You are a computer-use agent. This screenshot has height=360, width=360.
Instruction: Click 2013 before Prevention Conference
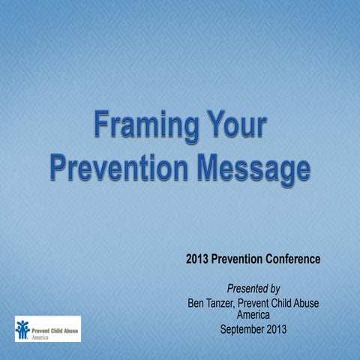click(199, 259)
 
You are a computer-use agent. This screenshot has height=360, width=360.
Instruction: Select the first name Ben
click(196, 304)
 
